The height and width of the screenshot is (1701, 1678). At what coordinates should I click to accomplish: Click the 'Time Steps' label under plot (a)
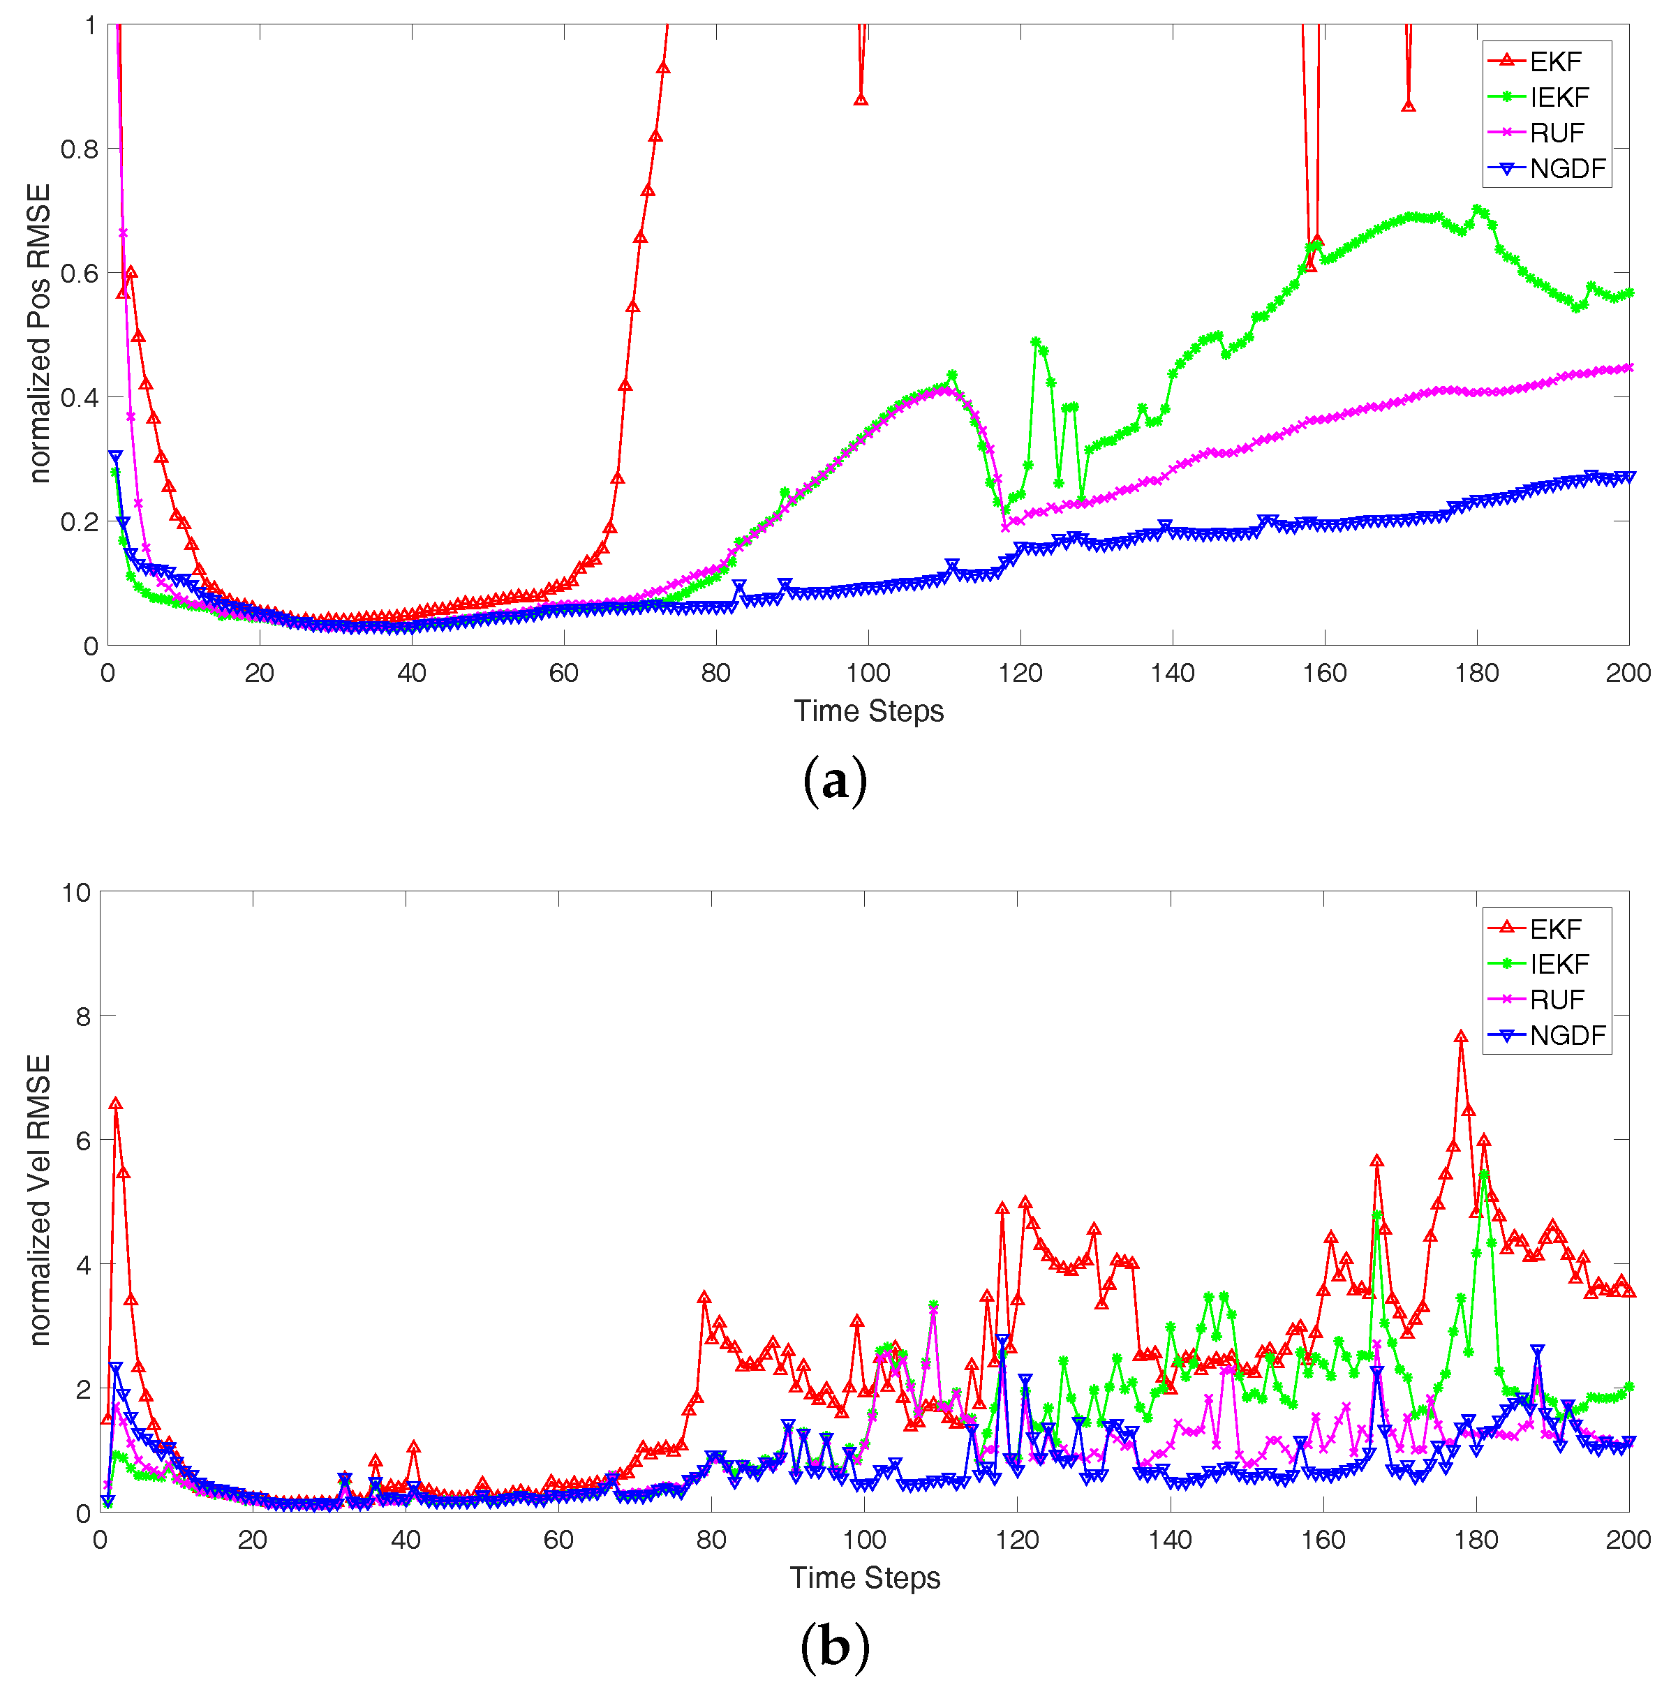coord(868,711)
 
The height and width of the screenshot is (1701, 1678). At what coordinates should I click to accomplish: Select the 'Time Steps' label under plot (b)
coord(865,1577)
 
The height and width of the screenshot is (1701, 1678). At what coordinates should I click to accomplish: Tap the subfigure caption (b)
coord(835,1647)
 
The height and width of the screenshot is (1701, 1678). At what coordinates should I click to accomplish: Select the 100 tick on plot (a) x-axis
coord(868,674)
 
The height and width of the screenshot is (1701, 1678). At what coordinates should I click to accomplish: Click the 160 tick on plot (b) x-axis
coord(1323,1540)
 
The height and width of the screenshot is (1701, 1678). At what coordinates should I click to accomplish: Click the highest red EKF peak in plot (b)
coord(1460,1037)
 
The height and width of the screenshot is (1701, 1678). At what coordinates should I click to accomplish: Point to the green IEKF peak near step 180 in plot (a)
coord(1478,209)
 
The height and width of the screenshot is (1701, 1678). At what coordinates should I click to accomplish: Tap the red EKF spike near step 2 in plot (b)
coord(115,1104)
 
